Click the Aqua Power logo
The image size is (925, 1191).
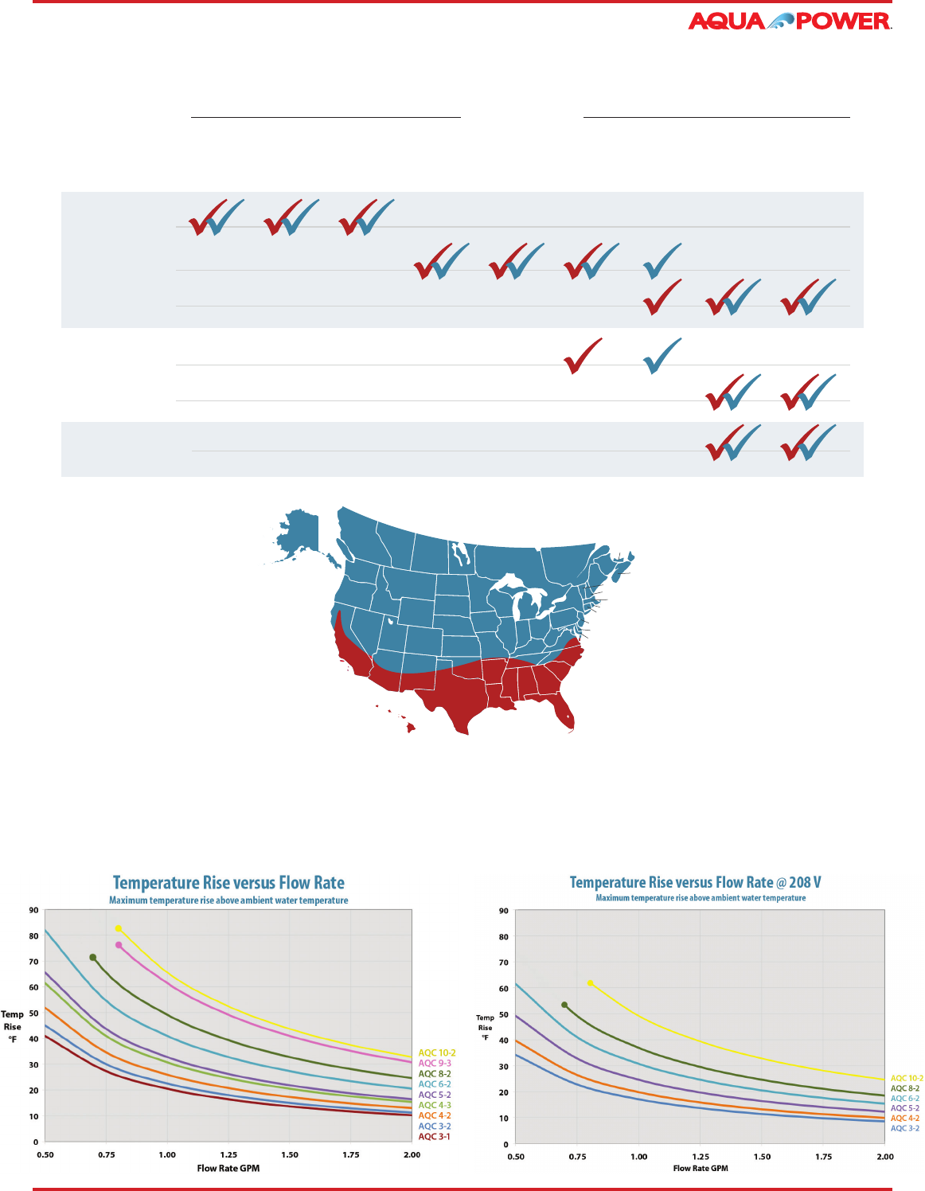click(789, 21)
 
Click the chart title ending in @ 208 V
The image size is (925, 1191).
click(695, 882)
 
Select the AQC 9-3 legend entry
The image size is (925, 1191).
click(435, 1063)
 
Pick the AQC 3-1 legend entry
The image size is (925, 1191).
click(434, 1136)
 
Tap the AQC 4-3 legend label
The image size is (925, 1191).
click(435, 1105)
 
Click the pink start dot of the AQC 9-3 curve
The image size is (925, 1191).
click(119, 945)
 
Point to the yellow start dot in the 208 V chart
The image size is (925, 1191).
click(590, 983)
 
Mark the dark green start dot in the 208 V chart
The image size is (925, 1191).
click(564, 1005)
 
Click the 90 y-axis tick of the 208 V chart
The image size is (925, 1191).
click(503, 911)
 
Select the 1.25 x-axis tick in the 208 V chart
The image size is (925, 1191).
click(701, 1157)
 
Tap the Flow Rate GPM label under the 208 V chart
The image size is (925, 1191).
click(701, 1168)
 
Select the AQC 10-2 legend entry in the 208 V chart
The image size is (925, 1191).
click(907, 1079)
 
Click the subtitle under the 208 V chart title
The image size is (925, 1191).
click(701, 898)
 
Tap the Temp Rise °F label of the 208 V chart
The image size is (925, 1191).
click(485, 1028)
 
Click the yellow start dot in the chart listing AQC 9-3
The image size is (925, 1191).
click(118, 928)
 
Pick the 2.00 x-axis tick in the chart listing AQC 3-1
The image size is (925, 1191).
click(412, 1154)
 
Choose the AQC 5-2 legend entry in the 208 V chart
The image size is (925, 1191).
click(904, 1108)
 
